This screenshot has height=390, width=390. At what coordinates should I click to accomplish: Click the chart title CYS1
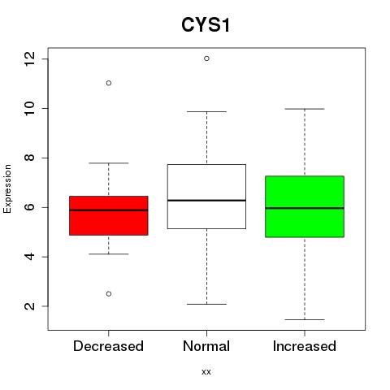tap(206, 25)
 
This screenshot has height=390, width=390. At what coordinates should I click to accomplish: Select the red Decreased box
tap(109, 215)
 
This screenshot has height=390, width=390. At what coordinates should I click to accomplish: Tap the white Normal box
tap(206, 197)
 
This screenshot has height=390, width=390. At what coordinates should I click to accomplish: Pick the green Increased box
tap(305, 206)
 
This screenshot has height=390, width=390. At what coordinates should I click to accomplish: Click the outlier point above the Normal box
tap(206, 58)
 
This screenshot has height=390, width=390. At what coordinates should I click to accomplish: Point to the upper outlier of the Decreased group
tap(109, 83)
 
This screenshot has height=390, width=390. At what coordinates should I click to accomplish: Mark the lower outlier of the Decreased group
tap(109, 294)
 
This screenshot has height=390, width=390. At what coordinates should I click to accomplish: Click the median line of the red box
tap(109, 210)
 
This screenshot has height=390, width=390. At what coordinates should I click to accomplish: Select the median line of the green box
tap(305, 208)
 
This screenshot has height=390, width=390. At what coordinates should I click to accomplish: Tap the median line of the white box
tap(206, 201)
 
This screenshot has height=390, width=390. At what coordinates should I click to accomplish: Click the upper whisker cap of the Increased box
tap(305, 109)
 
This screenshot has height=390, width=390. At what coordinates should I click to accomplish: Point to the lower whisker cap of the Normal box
tap(206, 304)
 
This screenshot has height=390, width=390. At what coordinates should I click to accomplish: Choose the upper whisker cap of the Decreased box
tap(109, 163)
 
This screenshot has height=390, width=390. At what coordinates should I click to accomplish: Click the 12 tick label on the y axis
tap(30, 59)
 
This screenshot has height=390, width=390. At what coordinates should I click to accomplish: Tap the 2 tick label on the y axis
tap(30, 306)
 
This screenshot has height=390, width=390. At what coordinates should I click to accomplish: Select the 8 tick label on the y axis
tap(30, 158)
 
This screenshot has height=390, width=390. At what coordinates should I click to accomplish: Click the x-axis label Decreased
tap(108, 346)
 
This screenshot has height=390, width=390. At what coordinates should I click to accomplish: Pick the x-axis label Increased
tap(305, 346)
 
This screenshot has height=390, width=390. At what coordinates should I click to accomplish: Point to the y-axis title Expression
tap(7, 188)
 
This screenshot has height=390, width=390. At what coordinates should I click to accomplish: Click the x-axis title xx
tap(206, 372)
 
